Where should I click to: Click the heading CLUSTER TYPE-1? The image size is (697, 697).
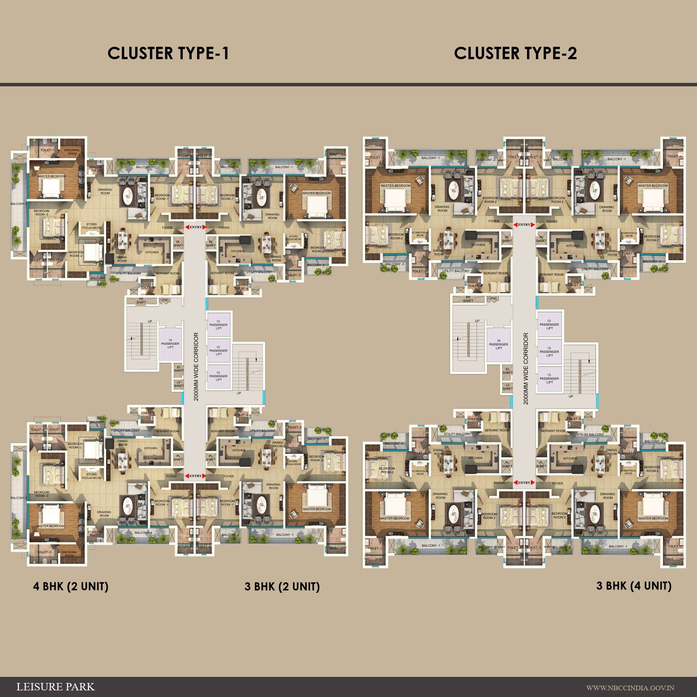coord(168,53)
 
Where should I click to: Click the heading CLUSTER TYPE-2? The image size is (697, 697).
coord(515,53)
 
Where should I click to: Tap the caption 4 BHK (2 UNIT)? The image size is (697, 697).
coord(71,586)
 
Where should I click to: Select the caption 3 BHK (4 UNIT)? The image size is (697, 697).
coord(634,586)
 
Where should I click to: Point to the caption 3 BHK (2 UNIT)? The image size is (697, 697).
coord(282,587)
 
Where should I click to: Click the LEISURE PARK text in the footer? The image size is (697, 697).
coord(55,687)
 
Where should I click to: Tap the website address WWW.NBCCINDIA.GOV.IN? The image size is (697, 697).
coord(630,688)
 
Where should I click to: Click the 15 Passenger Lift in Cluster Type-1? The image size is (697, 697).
coord(170,344)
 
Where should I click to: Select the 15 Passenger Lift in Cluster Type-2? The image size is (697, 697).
coord(498,345)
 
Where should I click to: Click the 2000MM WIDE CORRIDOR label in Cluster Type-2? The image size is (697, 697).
coord(525,369)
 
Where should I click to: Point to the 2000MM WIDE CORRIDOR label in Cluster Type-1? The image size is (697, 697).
coord(196,367)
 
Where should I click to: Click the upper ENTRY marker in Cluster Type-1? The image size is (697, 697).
coord(196,227)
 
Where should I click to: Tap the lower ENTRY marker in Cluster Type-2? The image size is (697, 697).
coord(524,482)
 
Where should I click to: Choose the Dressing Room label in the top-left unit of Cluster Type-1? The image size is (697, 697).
coord(72,152)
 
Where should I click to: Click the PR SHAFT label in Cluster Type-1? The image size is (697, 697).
coord(141,300)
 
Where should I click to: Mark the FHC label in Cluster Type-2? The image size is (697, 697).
coord(493,299)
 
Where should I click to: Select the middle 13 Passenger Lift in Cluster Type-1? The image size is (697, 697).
coord(219,350)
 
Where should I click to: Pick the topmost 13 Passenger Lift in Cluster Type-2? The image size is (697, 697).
coord(549,324)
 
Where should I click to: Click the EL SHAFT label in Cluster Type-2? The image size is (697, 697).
coord(507,371)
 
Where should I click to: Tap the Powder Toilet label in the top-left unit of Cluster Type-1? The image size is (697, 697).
coord(95,169)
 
